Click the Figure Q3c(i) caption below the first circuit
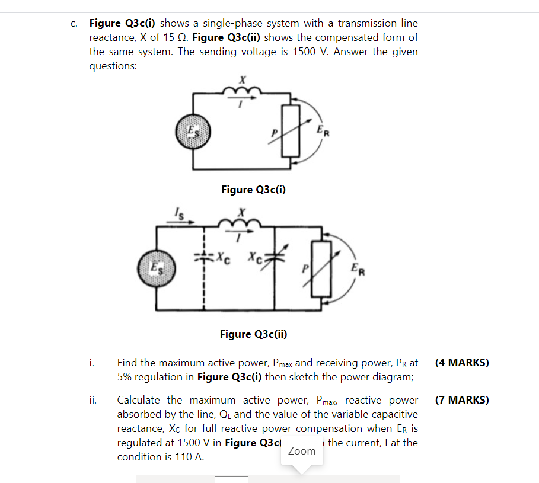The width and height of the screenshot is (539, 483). (x=253, y=190)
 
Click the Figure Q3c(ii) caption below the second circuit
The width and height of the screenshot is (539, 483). (x=253, y=334)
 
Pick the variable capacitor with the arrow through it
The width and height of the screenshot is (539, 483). (x=274, y=259)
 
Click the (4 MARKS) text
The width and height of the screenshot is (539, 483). (x=462, y=363)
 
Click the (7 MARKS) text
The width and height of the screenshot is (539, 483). (x=462, y=400)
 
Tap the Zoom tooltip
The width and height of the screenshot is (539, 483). (x=302, y=451)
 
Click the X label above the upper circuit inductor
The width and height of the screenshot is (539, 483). (x=242, y=79)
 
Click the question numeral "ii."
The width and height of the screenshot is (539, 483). (x=94, y=400)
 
